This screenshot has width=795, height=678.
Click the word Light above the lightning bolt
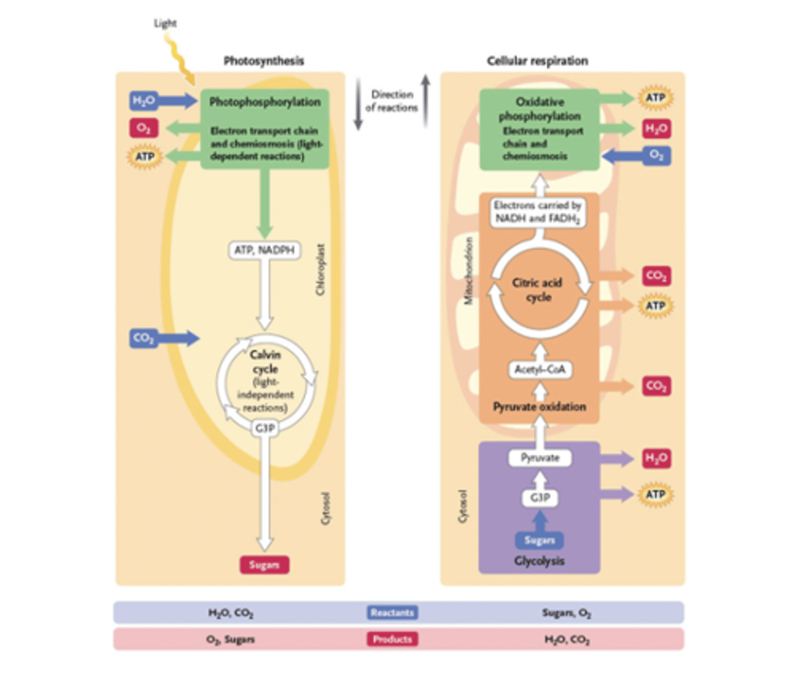pos(165,23)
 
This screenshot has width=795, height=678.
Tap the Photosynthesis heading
pos(264,61)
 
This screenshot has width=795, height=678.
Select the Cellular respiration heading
pos(537,61)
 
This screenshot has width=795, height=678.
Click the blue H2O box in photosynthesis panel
pos(143,101)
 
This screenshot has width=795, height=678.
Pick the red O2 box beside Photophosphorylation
pos(143,128)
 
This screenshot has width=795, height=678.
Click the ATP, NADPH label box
pos(264,250)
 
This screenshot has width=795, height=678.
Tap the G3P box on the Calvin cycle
pos(265,428)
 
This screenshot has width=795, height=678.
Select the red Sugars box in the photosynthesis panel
pos(264,564)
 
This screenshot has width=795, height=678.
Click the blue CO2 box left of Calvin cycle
pos(143,338)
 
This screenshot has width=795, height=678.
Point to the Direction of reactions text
pos(392,101)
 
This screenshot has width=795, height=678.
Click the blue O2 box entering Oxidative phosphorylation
pos(657,155)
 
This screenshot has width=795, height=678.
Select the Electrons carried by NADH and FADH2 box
pos(538,212)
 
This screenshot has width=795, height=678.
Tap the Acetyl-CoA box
pos(540,370)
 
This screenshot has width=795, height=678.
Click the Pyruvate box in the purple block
pos(540,458)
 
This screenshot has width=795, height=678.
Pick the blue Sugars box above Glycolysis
pos(539,540)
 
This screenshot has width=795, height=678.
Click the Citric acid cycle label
pos(538,290)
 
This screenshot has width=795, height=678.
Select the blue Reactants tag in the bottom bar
pos(392,612)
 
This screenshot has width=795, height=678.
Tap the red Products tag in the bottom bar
pos(392,639)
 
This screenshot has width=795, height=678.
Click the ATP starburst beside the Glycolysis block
pos(656,494)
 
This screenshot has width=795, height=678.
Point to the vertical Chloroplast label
pos(321,270)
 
